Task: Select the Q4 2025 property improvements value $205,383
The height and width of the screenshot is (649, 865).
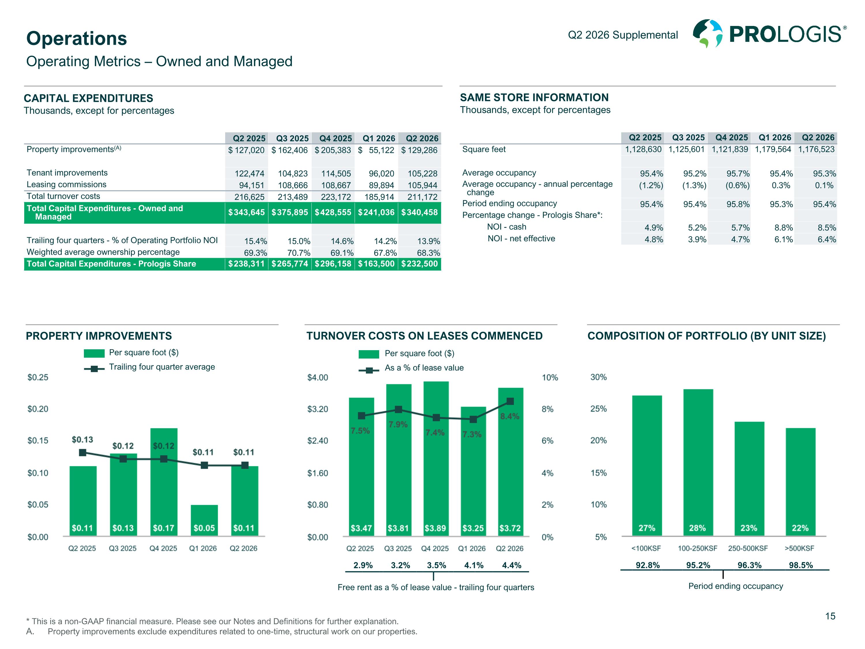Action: click(x=333, y=150)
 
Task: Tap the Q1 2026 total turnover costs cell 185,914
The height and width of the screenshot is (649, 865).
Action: click(x=379, y=197)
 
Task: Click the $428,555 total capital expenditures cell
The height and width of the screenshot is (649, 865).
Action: click(x=333, y=212)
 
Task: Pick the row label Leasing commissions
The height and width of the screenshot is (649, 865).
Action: click(x=67, y=185)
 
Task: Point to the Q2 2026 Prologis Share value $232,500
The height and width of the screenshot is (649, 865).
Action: click(x=419, y=264)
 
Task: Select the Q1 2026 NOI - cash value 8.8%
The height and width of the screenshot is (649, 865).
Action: click(x=784, y=228)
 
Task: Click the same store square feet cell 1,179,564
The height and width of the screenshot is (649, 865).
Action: click(x=773, y=149)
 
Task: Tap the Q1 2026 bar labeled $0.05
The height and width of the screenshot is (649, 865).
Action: click(x=204, y=520)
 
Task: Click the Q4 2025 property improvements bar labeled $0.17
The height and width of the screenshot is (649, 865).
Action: click(x=164, y=482)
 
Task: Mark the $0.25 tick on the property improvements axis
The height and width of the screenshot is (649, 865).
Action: click(x=38, y=377)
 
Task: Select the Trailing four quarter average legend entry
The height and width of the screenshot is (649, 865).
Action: click(x=149, y=367)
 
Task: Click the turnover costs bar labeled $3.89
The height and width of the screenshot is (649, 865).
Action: click(x=436, y=459)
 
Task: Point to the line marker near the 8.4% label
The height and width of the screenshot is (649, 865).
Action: click(x=510, y=402)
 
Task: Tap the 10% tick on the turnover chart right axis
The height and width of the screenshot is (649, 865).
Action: click(x=550, y=378)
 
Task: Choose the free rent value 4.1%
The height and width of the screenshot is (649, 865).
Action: click(x=474, y=565)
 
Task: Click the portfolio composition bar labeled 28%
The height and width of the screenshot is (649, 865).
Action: click(x=698, y=462)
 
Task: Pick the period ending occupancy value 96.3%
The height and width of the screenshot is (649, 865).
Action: click(x=749, y=565)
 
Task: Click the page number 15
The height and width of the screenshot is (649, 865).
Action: click(x=830, y=616)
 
